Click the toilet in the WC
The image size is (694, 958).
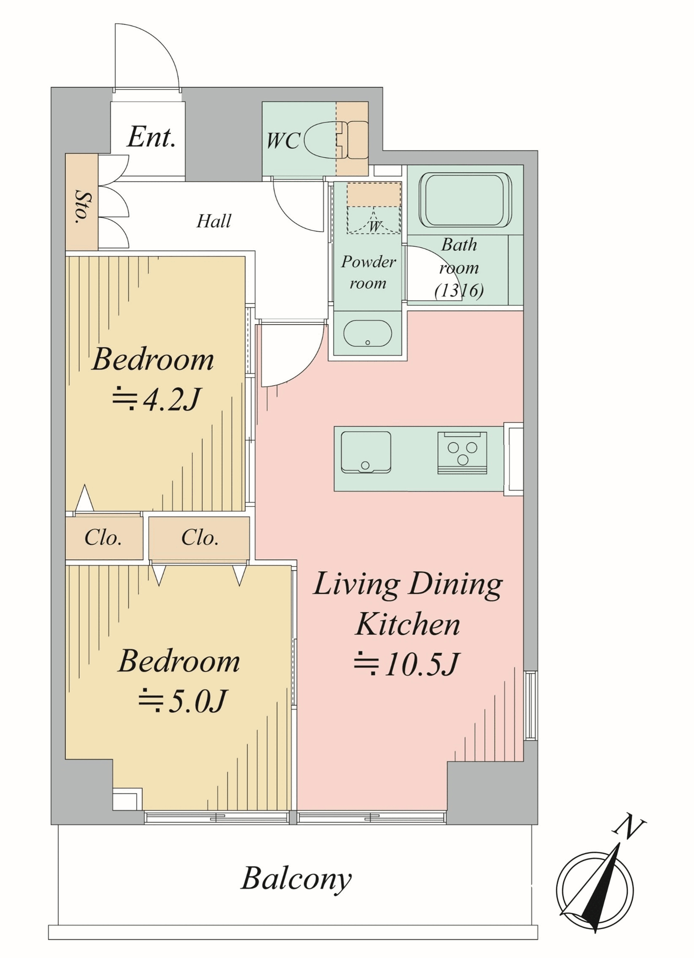click(336, 140)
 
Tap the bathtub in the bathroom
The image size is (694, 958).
click(466, 200)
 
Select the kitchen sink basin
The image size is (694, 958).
click(366, 452)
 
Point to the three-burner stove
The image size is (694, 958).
click(462, 453)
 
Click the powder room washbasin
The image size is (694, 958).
click(368, 333)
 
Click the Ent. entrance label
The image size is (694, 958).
click(151, 137)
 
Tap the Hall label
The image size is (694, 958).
click(214, 221)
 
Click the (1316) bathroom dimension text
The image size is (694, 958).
click(459, 290)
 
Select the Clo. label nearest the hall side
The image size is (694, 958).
click(200, 537)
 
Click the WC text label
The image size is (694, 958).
click(283, 140)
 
